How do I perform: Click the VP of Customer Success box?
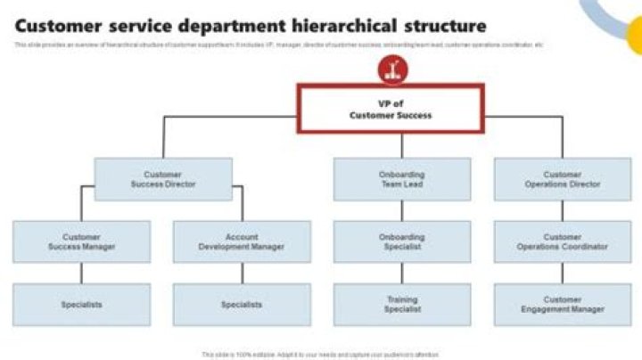click(390, 109)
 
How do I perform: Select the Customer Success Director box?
click(163, 179)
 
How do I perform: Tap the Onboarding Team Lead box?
click(401, 179)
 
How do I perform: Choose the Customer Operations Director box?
click(562, 179)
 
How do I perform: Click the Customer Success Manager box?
click(81, 241)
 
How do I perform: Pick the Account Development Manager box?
click(242, 241)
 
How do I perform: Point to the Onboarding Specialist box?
click(401, 241)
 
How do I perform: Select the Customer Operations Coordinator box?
click(562, 241)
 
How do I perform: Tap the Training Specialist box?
click(401, 304)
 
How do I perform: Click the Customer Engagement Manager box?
click(562, 304)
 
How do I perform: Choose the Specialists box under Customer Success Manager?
click(81, 304)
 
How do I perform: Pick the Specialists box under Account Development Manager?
click(242, 304)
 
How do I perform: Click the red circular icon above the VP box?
click(390, 69)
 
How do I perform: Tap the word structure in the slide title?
click(443, 26)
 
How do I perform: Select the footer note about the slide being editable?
click(320, 354)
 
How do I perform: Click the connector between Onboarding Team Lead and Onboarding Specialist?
click(401, 211)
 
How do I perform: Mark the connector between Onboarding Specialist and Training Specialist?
click(401, 274)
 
